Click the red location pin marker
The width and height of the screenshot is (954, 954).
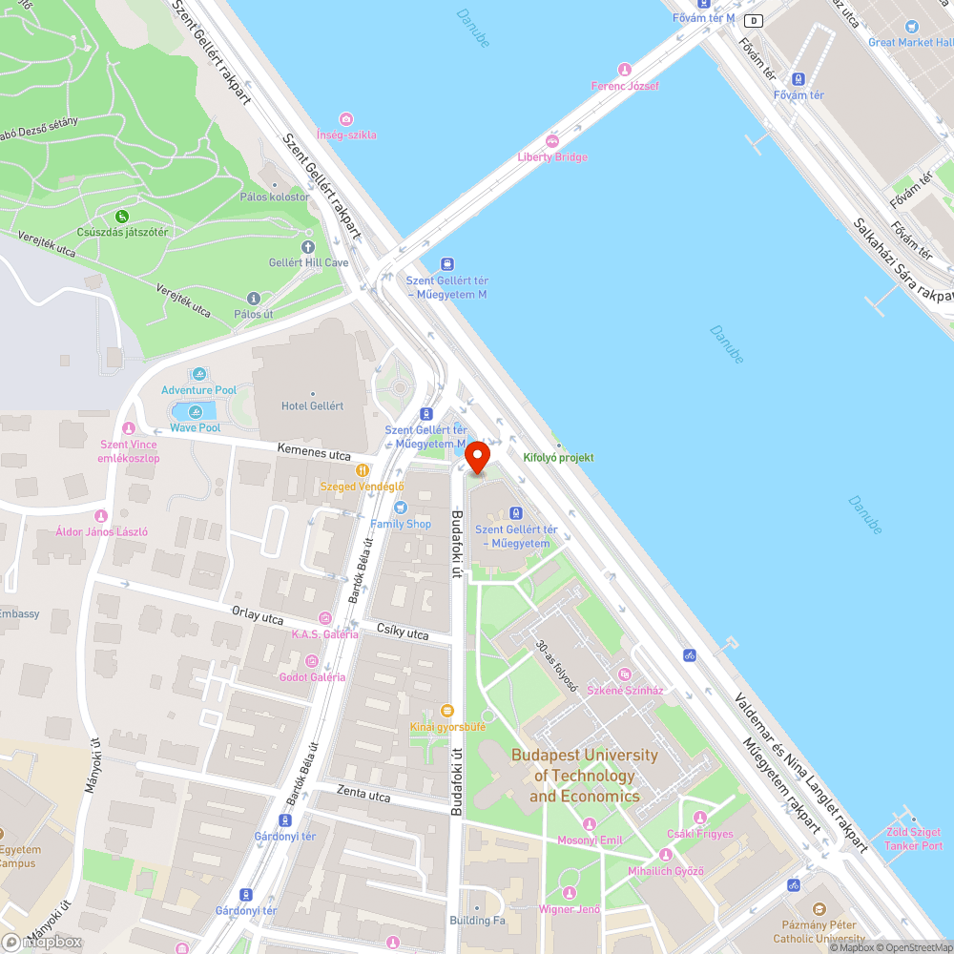(476, 456)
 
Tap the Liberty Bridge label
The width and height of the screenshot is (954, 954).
(552, 156)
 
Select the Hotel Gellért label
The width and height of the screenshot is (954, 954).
(312, 405)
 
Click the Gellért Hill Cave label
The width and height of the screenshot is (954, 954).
(308, 262)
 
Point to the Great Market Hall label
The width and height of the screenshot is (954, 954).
(910, 42)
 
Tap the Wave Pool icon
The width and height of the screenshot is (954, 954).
(196, 411)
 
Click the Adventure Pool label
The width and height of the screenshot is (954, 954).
(198, 390)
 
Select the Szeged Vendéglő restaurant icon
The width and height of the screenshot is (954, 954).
(362, 470)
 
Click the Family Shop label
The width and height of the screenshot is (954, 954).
(401, 524)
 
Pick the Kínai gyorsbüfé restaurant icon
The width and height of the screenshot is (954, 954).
(446, 710)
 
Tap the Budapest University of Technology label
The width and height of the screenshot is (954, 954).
(584, 775)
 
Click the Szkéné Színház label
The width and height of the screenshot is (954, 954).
(625, 690)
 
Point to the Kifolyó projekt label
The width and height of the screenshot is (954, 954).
(558, 457)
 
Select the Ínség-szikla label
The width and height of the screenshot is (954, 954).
(346, 135)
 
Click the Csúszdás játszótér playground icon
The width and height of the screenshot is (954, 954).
(122, 217)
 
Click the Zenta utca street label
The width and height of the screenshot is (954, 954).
(363, 794)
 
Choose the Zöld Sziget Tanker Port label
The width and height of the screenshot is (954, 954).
(913, 840)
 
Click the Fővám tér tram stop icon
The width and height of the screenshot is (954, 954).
(798, 79)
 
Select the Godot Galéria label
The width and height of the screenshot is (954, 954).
(312, 676)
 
